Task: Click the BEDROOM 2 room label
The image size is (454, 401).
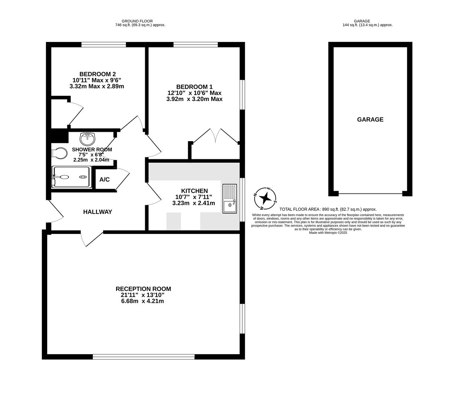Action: point(98,74)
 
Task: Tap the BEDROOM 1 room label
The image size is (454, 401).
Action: point(194,87)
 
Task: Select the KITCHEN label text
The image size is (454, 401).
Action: point(194,191)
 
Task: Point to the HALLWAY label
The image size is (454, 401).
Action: point(98,212)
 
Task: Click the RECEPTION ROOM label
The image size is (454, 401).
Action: point(143,289)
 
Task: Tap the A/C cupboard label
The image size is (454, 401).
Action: point(104,180)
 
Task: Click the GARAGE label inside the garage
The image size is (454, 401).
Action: point(370,120)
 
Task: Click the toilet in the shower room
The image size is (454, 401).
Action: point(59,154)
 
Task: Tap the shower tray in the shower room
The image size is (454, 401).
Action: point(72,177)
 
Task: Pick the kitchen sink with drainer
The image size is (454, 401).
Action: point(230,199)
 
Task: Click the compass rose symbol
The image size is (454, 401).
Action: point(265,199)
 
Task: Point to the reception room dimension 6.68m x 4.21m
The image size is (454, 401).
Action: point(143,301)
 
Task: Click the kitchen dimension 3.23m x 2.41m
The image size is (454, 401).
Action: point(194,203)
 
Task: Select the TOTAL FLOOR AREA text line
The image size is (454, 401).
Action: point(328,209)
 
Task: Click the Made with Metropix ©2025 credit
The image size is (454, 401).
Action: point(328,233)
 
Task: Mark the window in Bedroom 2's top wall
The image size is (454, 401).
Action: point(104,45)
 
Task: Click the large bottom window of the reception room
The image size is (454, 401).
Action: point(144,357)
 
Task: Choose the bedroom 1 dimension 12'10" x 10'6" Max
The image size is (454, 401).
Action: point(194,93)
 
